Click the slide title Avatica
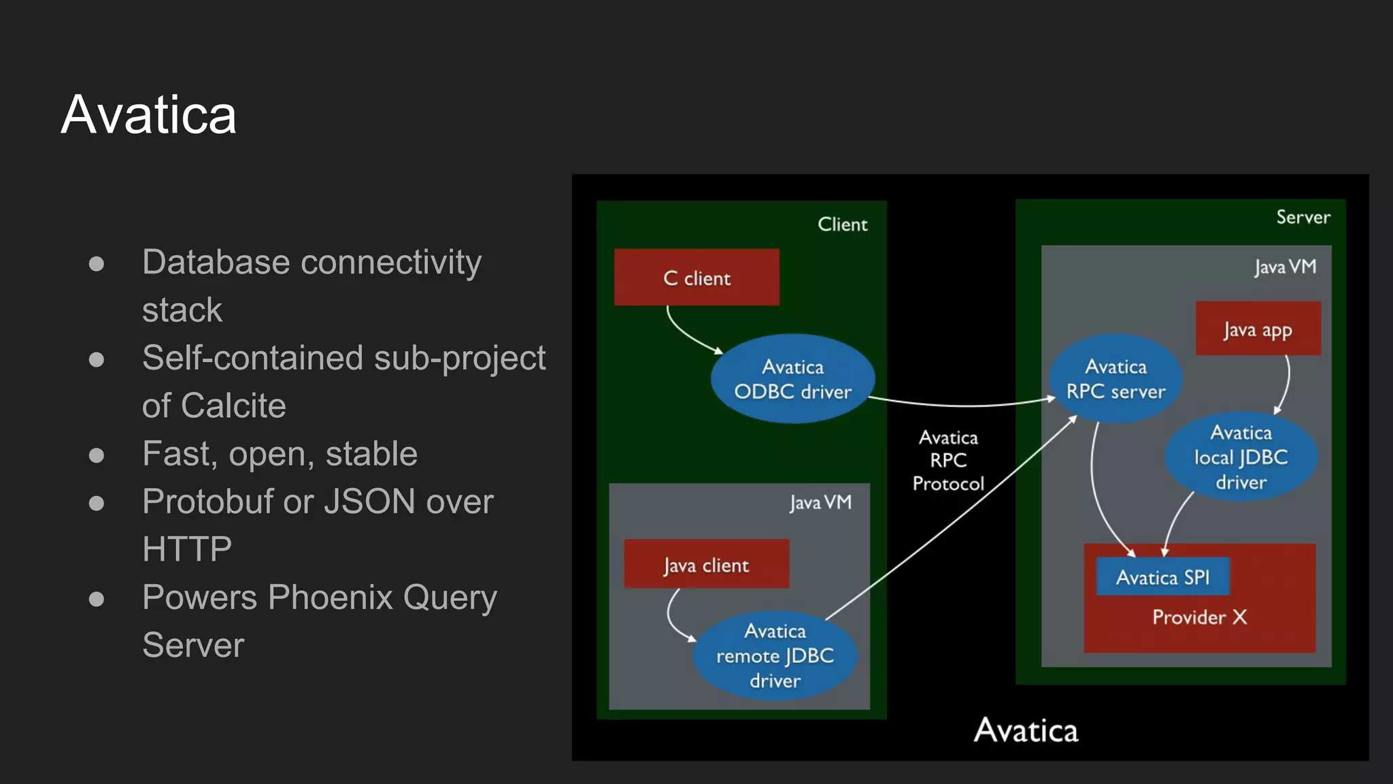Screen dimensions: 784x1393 point(148,114)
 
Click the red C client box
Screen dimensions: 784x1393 point(696,277)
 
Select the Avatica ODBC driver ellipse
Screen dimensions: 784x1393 point(792,379)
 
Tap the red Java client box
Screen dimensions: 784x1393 point(706,564)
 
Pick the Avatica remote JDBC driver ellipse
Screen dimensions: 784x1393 point(775,655)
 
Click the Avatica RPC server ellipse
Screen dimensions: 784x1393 point(1115,378)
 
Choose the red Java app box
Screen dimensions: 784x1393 point(1258,329)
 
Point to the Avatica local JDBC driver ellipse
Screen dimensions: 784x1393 point(1241,457)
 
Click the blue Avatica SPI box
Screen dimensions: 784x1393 point(1162,577)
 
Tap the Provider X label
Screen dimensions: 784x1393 point(1199,617)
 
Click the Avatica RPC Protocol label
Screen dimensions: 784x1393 point(948,460)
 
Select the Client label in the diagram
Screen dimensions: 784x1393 point(842,225)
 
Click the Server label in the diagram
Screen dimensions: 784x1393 point(1303,217)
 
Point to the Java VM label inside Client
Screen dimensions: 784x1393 point(820,502)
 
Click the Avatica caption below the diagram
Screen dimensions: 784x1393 point(1026,730)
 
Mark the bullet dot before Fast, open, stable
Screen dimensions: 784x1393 point(97,455)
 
